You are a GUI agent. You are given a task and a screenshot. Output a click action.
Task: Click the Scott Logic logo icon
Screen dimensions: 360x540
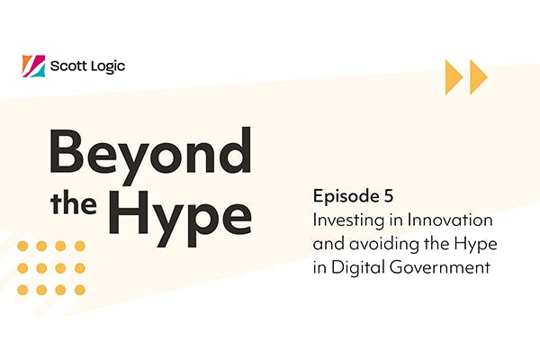pos(33,66)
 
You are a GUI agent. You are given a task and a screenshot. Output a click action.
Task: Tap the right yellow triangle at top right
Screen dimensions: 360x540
pos(477,77)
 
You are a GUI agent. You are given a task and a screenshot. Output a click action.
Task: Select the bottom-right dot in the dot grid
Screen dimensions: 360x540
pos(80,289)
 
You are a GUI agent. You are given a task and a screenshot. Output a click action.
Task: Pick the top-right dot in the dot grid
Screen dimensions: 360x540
pos(80,246)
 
